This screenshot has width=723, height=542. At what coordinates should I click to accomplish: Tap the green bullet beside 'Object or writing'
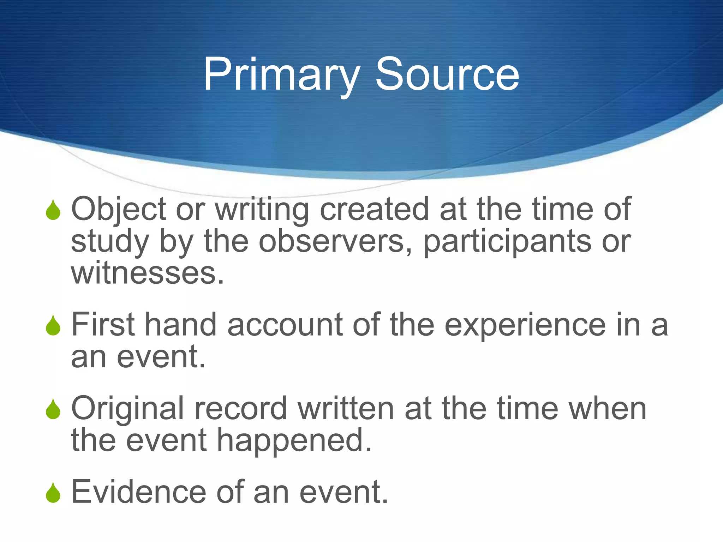(53, 210)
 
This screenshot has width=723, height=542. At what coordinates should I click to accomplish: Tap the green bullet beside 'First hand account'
(53, 325)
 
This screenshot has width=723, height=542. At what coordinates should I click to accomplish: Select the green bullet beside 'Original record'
(53, 409)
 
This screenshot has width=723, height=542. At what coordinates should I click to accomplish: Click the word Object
(119, 210)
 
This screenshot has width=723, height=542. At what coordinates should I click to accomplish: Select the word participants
(507, 242)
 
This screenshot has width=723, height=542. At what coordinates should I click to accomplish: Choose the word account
(285, 325)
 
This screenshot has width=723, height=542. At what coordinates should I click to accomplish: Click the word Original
(127, 409)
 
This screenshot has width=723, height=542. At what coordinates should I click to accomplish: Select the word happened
(294, 441)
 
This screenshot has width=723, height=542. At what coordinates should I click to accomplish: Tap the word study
(110, 242)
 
